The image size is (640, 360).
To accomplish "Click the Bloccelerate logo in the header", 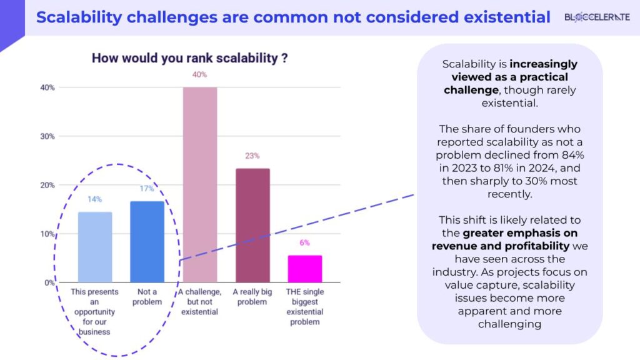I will pyautogui.click(x=597, y=17).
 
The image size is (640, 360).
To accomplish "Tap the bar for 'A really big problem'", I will pyautogui.click(x=252, y=225).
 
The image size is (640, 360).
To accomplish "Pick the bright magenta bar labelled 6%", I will pyautogui.click(x=304, y=269).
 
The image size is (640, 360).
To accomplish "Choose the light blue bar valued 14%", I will pyautogui.click(x=95, y=247).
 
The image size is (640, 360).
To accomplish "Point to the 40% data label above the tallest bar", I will pyautogui.click(x=200, y=76).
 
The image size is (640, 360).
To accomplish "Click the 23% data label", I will pyautogui.click(x=252, y=156).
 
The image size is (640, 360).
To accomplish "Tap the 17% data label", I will pyautogui.click(x=147, y=189).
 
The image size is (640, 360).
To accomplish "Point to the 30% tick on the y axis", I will pyautogui.click(x=47, y=136).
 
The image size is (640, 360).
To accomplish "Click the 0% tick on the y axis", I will pyautogui.click(x=49, y=282).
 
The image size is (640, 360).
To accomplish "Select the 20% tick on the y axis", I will pyautogui.click(x=47, y=185).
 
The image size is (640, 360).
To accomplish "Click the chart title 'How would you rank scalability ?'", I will pyautogui.click(x=189, y=58).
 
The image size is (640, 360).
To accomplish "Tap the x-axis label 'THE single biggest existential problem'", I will pyautogui.click(x=304, y=307).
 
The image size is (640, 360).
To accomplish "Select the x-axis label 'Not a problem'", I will pyautogui.click(x=147, y=297).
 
